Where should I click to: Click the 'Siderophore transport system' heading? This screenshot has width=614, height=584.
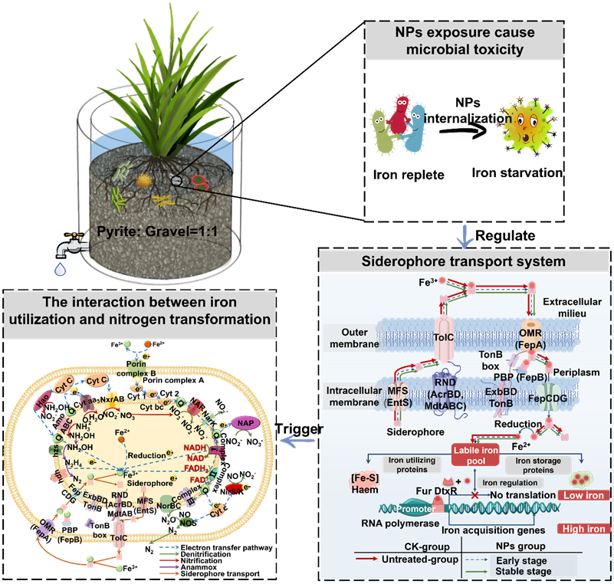pos(464,261)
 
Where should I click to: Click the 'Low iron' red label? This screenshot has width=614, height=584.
pos(585,496)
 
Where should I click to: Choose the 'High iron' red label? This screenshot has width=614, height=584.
pos(585,529)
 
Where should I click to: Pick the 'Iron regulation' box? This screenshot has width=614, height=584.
pos(511,482)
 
